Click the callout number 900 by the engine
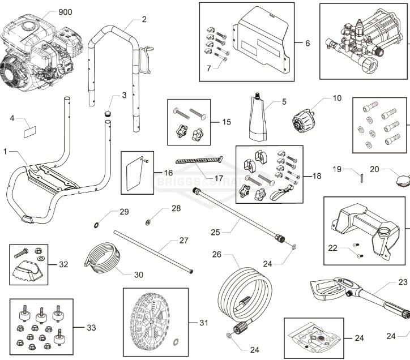(x=66, y=12)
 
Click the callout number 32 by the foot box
(x=63, y=264)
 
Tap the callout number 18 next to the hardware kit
(x=316, y=176)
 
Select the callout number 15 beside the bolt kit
(x=226, y=122)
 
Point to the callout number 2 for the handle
(x=144, y=19)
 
